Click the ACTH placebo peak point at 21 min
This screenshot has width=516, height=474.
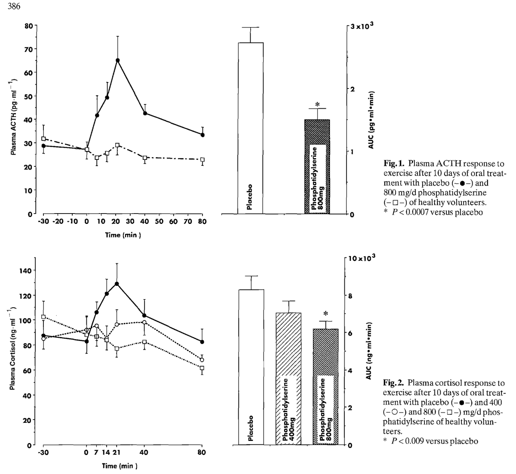click(x=117, y=60)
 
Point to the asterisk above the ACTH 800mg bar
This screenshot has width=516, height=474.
click(x=317, y=104)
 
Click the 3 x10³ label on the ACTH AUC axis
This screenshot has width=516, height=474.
click(x=362, y=26)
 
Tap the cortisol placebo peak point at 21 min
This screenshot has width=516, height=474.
click(x=117, y=284)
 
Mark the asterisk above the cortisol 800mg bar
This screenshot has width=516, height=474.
click(x=326, y=313)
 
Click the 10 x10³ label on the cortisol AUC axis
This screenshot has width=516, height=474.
click(x=362, y=258)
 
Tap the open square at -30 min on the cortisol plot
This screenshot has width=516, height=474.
click(x=43, y=317)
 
